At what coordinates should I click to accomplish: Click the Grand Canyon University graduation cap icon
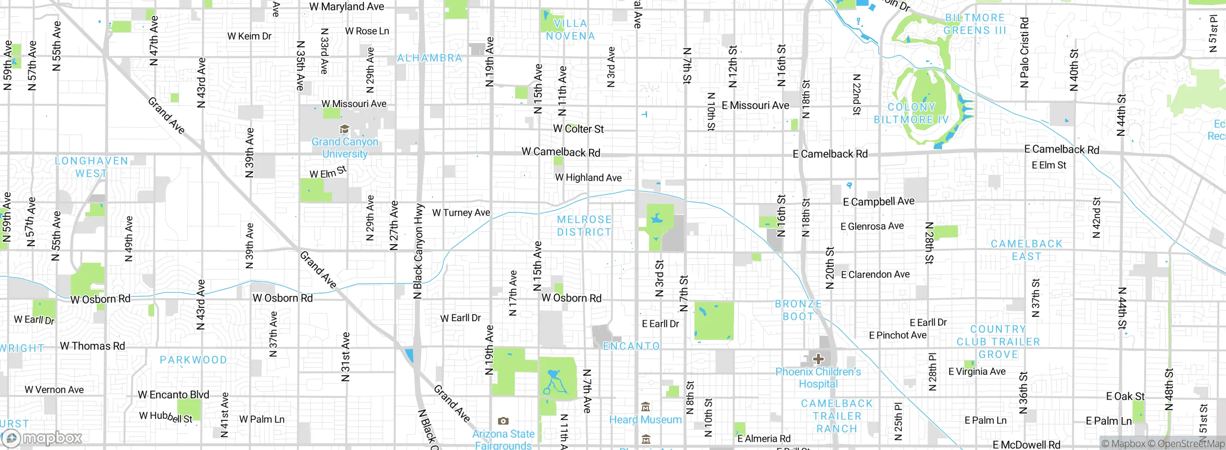tap(344, 129)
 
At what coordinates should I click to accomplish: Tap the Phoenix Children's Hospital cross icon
tap(818, 359)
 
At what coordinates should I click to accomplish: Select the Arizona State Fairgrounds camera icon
tap(503, 421)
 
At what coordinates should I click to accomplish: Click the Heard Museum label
tap(645, 420)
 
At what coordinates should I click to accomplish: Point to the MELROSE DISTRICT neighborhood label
tap(584, 226)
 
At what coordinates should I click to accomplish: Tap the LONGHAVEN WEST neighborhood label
tap(91, 167)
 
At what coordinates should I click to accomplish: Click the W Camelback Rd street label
tap(560, 152)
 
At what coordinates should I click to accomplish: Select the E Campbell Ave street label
tap(878, 202)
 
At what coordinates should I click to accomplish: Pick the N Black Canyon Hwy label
tap(419, 251)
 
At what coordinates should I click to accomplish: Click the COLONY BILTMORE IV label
tap(911, 113)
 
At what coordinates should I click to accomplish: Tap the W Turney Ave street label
tap(461, 213)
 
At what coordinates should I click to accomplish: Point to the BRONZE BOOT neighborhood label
tap(798, 310)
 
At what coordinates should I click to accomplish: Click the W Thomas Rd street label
tap(92, 346)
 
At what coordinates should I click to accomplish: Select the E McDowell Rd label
tap(1026, 445)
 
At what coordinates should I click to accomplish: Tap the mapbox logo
tap(42, 438)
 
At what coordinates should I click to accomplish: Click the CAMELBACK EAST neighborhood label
tap(1026, 250)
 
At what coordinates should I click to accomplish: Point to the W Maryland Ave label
tap(346, 7)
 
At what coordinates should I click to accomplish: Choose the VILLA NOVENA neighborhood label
tap(570, 30)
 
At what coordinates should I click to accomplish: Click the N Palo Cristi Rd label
tap(1024, 53)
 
